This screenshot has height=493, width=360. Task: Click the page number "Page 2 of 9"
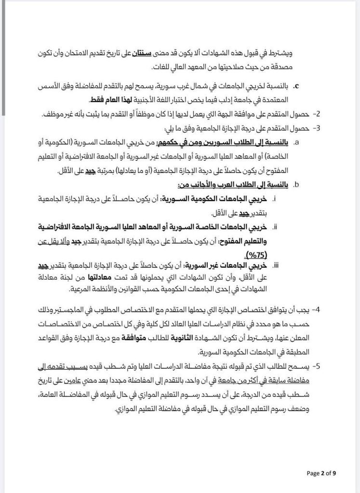tap(321, 473)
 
